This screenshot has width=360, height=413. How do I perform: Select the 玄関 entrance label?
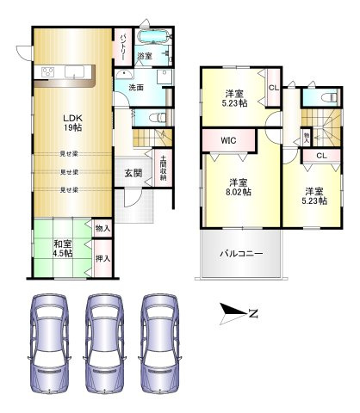tap(133, 173)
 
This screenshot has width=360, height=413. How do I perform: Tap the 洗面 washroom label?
tap(136, 87)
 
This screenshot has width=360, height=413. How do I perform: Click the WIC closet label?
tap(228, 139)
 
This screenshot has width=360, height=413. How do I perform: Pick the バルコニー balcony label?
tap(240, 253)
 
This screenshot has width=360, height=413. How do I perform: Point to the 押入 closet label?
tap(102, 258)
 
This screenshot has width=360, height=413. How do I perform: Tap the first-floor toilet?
tap(155, 116)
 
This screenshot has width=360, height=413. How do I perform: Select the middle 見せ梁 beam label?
tap(70, 172)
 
